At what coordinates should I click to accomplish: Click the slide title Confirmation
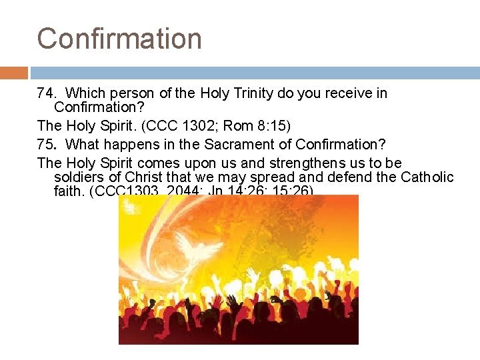coord(119,38)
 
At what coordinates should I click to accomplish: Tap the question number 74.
coord(46,93)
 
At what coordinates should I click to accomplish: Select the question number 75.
coord(46,144)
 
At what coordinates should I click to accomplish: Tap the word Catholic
coord(427,177)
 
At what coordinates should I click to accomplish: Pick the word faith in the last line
coord(70,192)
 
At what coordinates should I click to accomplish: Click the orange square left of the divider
coord(13,73)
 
